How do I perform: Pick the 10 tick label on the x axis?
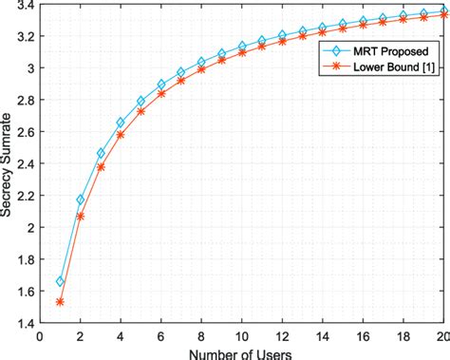point(242,335)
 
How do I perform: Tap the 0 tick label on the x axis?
point(40,335)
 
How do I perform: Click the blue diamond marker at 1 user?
point(60,281)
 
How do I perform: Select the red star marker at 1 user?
point(60,302)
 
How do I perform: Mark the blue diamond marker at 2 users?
point(81,200)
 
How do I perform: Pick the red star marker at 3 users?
point(101,167)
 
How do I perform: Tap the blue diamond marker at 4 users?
point(121,123)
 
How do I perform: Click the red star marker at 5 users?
point(141,111)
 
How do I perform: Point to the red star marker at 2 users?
point(81,217)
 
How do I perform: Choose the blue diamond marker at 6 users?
point(161,84)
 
